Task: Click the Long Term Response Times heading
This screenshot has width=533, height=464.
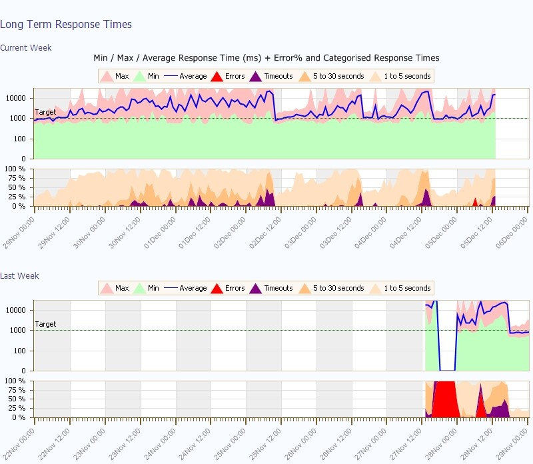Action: click(66, 24)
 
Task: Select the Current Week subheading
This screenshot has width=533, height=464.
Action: click(26, 47)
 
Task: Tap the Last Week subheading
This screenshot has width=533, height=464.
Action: click(19, 275)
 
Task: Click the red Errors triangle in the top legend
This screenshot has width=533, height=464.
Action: click(217, 76)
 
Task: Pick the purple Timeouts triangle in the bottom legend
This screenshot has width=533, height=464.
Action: click(255, 288)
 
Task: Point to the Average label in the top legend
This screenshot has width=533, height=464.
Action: click(193, 76)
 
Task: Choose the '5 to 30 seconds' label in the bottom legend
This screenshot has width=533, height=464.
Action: click(338, 288)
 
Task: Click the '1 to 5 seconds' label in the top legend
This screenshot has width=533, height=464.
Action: click(407, 76)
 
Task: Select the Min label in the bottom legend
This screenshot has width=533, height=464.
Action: click(153, 288)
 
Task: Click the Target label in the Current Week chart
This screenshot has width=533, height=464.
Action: click(45, 112)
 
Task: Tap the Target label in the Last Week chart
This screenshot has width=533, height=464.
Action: click(45, 324)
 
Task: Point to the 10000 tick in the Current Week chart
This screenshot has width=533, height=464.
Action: click(16, 98)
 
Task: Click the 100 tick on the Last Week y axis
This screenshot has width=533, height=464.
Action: click(20, 351)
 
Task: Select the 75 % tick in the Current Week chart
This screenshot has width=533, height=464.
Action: click(17, 178)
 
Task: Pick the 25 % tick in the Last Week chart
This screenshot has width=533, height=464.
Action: click(17, 408)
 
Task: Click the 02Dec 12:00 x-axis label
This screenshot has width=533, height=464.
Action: click(265, 233)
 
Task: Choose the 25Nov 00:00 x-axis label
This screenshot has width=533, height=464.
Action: click(230, 445)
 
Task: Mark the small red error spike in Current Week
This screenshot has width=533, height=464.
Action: click(475, 203)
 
